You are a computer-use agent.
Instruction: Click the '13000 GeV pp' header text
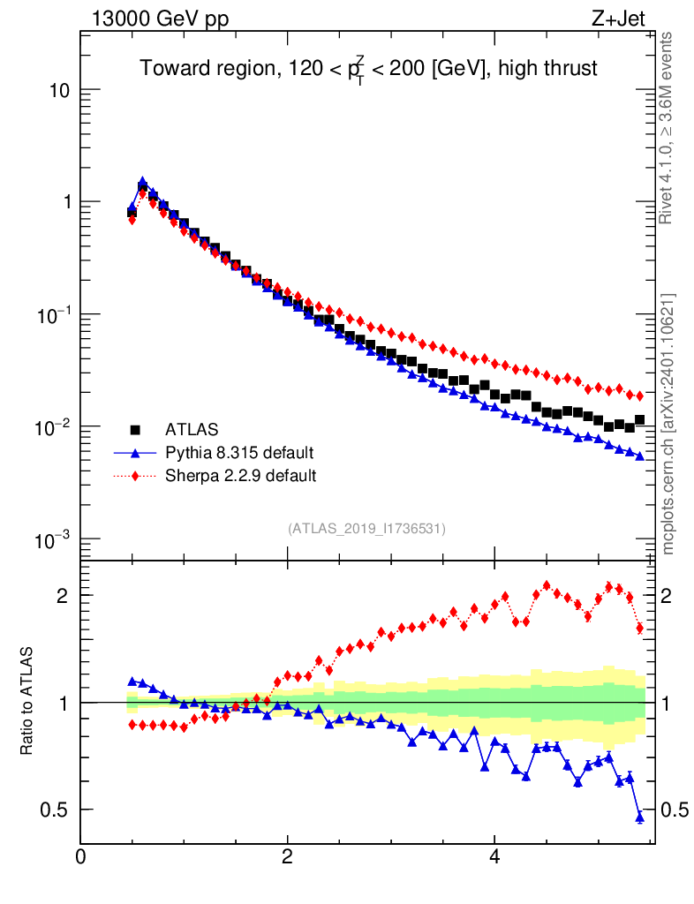[x=159, y=18]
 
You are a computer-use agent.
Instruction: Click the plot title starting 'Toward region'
[x=369, y=68]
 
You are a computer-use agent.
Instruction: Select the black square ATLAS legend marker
[x=135, y=430]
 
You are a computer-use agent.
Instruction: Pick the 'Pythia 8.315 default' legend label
[x=239, y=453]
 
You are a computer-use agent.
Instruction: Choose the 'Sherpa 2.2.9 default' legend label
[x=241, y=476]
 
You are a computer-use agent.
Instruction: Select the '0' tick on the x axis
[x=80, y=856]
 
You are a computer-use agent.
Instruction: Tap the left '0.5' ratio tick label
[x=55, y=810]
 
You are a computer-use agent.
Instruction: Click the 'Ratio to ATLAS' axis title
[x=28, y=701]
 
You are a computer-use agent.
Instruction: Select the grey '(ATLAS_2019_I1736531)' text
[x=366, y=529]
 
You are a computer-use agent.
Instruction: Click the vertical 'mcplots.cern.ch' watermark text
[x=668, y=424]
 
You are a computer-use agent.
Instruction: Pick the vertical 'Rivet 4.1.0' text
[x=668, y=128]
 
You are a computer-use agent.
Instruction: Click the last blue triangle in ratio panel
[x=640, y=817]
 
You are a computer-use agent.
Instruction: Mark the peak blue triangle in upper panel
[x=142, y=182]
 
